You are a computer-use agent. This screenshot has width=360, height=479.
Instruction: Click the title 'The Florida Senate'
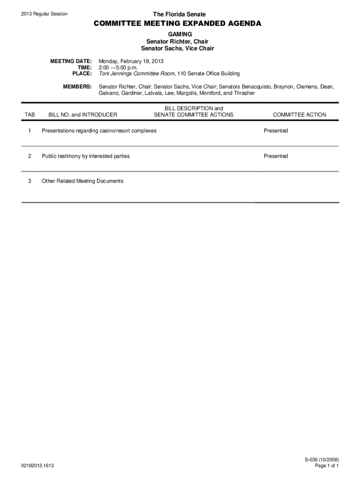click(180, 15)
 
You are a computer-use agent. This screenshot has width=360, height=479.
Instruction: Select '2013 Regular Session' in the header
click(44, 14)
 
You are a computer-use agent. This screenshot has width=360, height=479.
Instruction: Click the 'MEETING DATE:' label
click(71, 61)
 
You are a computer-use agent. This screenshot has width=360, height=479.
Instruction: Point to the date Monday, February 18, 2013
click(131, 61)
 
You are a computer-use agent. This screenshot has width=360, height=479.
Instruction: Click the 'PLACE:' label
click(81, 73)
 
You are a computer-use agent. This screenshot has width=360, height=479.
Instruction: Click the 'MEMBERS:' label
click(77, 87)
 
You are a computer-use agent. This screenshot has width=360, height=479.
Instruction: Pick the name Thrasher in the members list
click(244, 93)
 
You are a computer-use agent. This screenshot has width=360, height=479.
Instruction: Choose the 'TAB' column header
click(30, 115)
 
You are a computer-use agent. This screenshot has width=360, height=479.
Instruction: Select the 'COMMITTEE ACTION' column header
click(300, 115)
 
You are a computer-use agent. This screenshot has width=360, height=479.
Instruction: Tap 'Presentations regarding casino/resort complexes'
click(99, 131)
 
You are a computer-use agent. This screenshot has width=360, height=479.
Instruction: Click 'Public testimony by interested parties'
click(86, 156)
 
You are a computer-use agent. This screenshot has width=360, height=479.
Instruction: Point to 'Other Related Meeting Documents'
click(83, 181)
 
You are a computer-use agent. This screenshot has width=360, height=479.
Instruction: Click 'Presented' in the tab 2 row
click(275, 156)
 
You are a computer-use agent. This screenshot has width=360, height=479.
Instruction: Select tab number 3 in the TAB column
click(30, 181)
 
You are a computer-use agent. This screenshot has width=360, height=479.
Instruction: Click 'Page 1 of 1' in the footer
click(327, 466)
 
